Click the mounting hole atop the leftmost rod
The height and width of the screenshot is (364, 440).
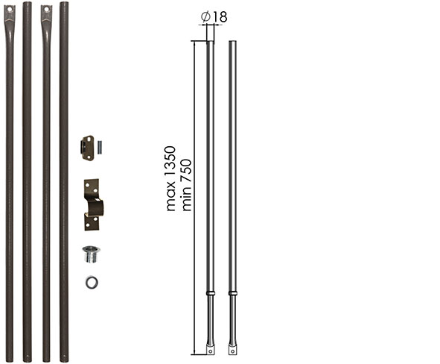click(x=10, y=10)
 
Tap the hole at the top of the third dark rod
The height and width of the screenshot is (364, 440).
click(x=47, y=10)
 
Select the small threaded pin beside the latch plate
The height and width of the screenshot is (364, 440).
click(x=99, y=148)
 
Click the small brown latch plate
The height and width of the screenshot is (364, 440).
click(x=88, y=148)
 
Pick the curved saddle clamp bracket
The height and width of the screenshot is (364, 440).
click(x=94, y=204)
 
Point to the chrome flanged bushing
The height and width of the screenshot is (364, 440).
click(x=91, y=254)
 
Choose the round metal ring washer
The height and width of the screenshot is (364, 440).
click(x=92, y=282)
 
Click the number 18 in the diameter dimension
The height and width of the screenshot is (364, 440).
click(x=220, y=17)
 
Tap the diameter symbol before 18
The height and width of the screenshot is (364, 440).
click(x=205, y=17)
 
